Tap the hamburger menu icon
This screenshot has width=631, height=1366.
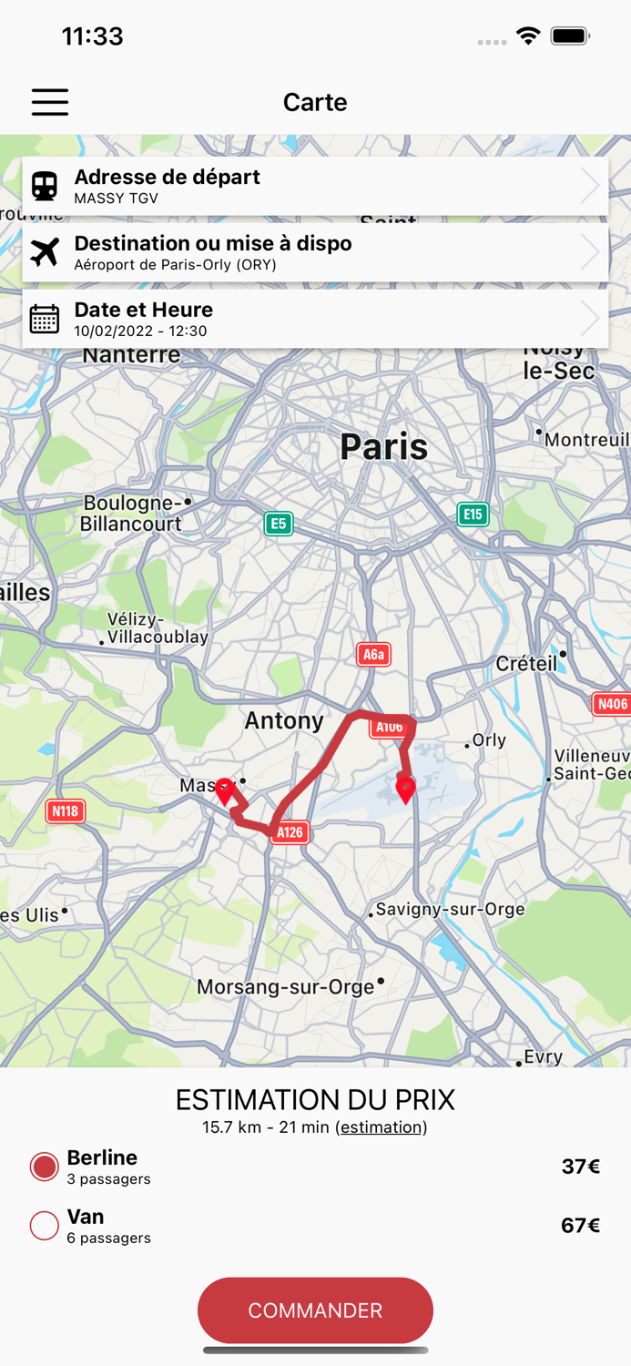pyautogui.click(x=50, y=102)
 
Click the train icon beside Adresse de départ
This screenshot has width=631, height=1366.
pyautogui.click(x=45, y=186)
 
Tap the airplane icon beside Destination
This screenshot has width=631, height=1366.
pyautogui.click(x=45, y=252)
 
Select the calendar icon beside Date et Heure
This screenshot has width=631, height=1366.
pyautogui.click(x=45, y=319)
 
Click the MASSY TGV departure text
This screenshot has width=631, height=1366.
pyautogui.click(x=116, y=199)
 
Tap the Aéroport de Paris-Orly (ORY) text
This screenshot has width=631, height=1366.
pyautogui.click(x=175, y=265)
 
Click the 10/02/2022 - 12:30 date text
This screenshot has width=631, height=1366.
pyautogui.click(x=140, y=331)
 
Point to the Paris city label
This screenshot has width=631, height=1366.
pyautogui.click(x=383, y=447)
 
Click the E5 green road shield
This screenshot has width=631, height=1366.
pyautogui.click(x=279, y=524)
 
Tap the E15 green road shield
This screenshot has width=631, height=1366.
pyautogui.click(x=472, y=515)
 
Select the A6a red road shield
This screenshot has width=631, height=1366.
pyautogui.click(x=373, y=655)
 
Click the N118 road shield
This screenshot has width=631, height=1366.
pyautogui.click(x=66, y=810)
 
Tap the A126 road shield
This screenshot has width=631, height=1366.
pyautogui.click(x=290, y=832)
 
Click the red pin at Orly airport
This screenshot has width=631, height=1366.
pyautogui.click(x=406, y=787)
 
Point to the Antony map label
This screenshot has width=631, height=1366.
pyautogui.click(x=284, y=721)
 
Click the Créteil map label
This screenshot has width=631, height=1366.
pyautogui.click(x=526, y=663)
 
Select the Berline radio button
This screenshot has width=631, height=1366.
pyautogui.click(x=45, y=1167)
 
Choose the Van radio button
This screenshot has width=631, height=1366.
pyautogui.click(x=45, y=1226)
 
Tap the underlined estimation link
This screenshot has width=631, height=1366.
pyautogui.click(x=381, y=1127)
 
